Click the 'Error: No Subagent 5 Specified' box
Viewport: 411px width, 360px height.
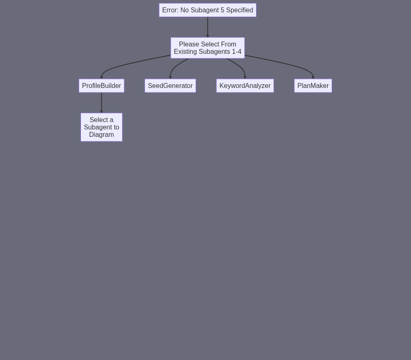pyautogui.click(x=208, y=10)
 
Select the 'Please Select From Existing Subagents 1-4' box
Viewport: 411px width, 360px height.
pyautogui.click(x=208, y=48)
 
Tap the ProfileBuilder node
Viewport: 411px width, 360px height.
pyautogui.click(x=102, y=85)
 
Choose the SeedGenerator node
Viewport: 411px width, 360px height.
pyautogui.click(x=170, y=85)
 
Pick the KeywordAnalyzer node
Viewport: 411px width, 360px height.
pyautogui.click(x=245, y=85)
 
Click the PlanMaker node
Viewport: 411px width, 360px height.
pyautogui.click(x=313, y=85)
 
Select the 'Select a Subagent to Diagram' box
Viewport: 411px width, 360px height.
pyautogui.click(x=102, y=127)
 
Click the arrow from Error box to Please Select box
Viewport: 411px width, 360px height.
pyautogui.click(x=208, y=27)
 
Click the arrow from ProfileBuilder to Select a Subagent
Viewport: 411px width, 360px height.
pyautogui.click(x=102, y=103)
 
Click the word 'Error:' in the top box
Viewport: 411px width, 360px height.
pyautogui.click(x=171, y=10)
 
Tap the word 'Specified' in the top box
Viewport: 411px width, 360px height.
pyautogui.click(x=240, y=10)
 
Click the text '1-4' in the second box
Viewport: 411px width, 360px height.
pyautogui.click(x=237, y=52)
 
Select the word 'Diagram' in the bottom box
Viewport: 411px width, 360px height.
pyautogui.click(x=102, y=135)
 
